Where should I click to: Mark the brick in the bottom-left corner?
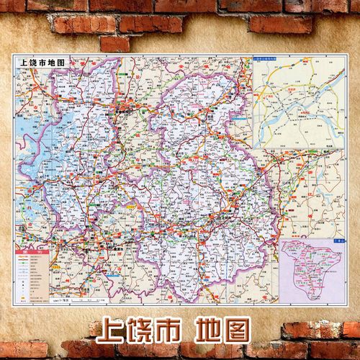(x=22, y=350)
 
